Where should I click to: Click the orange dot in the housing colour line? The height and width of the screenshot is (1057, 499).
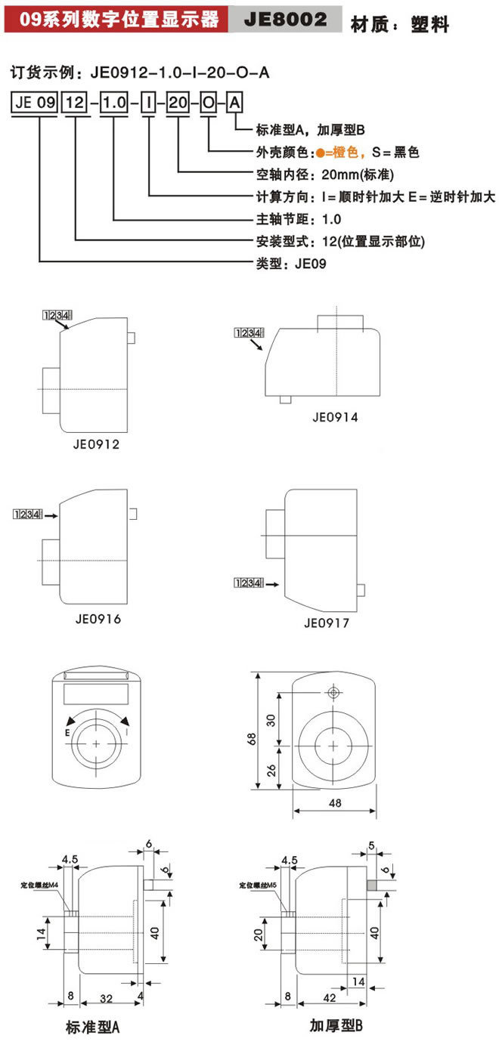(321, 153)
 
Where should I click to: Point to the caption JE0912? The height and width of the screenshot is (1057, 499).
(98, 444)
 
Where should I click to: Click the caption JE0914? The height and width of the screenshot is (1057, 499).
(335, 416)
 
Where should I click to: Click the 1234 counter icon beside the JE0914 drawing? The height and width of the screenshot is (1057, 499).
(249, 332)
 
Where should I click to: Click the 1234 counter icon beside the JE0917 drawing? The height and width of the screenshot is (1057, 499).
(248, 583)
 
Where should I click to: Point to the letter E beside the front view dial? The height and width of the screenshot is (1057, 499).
(67, 733)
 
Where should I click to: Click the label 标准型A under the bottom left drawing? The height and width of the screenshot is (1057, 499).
(93, 1028)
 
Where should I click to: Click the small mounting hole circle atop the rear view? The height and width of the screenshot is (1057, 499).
(333, 692)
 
